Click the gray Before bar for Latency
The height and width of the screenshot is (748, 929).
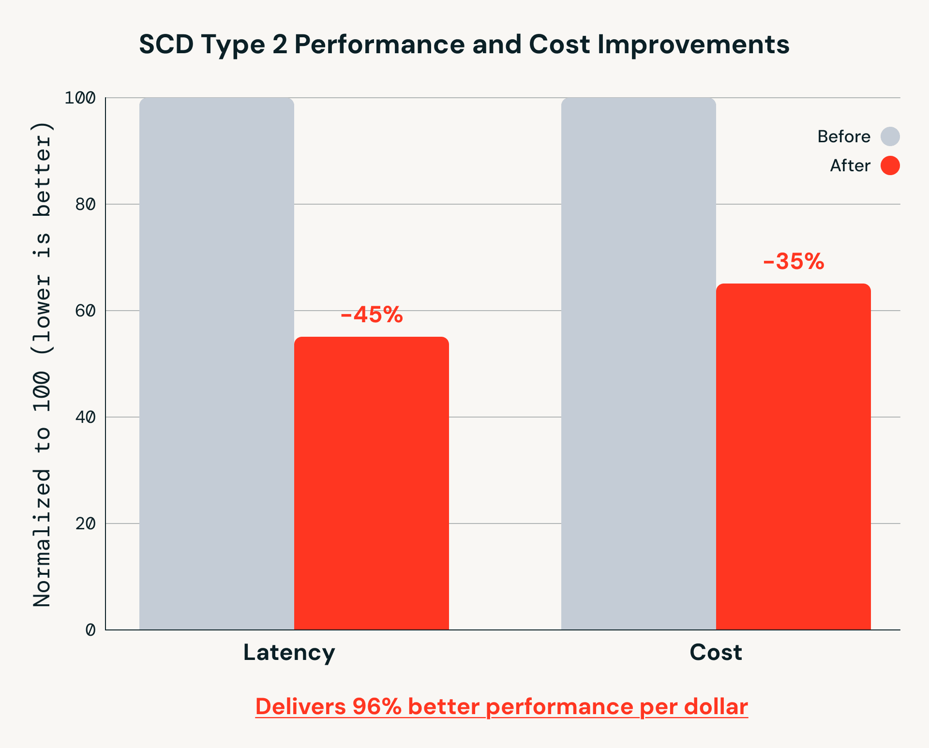(217, 363)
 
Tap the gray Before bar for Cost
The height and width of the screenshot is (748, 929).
(639, 363)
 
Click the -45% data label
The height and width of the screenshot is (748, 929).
(372, 315)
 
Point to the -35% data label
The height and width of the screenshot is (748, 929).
(794, 262)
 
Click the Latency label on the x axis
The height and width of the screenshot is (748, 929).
(289, 652)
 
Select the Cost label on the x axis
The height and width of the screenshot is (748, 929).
(716, 652)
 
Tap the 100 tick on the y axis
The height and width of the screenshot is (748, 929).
(80, 98)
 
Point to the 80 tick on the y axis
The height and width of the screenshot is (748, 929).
(85, 204)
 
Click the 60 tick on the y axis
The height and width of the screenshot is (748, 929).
(85, 311)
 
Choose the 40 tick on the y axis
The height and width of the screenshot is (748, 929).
(85, 417)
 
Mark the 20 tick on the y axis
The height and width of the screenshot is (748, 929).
(85, 524)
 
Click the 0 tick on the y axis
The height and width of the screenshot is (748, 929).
(90, 630)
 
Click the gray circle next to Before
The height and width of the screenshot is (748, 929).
(890, 136)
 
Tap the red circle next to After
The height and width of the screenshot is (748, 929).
(890, 165)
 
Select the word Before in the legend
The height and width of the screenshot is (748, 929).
(844, 136)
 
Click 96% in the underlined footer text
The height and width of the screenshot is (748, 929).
(377, 706)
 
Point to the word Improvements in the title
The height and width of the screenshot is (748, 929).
(693, 45)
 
